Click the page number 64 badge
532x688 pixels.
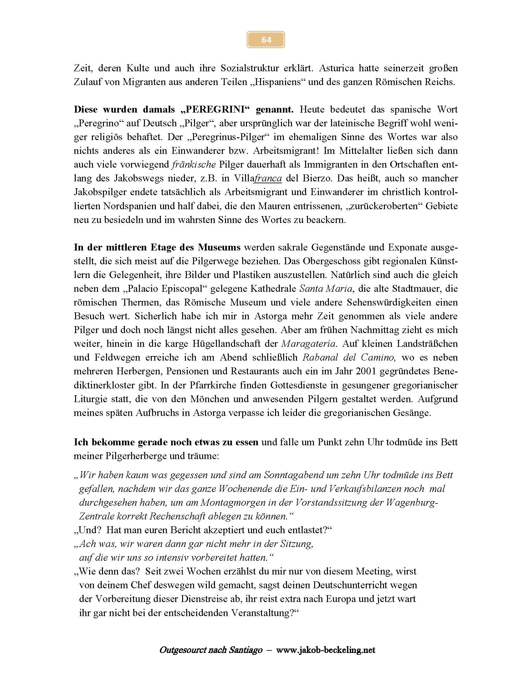coord(266,40)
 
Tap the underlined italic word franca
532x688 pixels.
coord(268,178)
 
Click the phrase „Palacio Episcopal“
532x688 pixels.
coord(176,289)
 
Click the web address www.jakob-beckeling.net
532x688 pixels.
coord(325,650)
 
